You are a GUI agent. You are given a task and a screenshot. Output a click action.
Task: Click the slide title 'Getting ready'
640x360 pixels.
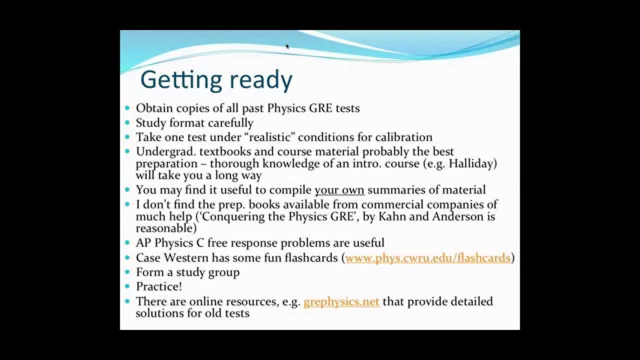coord(216,80)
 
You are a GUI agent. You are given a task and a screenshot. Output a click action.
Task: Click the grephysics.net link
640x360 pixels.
coord(341,301)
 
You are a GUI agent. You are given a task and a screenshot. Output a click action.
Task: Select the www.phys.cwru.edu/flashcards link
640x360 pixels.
coord(428,258)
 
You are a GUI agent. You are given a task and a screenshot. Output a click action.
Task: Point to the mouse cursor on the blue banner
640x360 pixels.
coord(287,46)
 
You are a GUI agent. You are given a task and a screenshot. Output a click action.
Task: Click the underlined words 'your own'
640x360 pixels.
coord(339,190)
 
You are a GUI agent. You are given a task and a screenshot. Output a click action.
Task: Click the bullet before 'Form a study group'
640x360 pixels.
coord(127,272)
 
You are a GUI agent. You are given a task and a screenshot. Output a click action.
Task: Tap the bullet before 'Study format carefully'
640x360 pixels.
coord(127,123)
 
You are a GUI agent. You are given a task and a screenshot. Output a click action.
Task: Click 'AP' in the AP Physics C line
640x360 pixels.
coord(144,243)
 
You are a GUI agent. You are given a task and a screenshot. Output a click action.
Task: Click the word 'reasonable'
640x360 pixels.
coord(163,228)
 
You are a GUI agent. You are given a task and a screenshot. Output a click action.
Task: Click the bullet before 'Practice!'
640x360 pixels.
coord(127,287)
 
